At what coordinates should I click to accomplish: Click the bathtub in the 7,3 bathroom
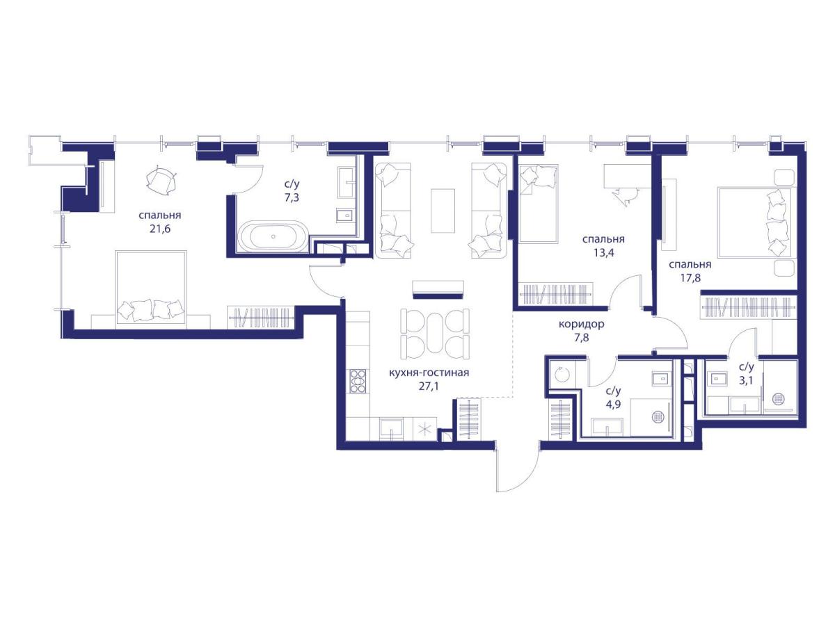pos(273,236)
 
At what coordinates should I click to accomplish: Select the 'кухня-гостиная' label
pos(429,373)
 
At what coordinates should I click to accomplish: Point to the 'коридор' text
pos(581,324)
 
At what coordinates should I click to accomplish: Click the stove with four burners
pos(358,381)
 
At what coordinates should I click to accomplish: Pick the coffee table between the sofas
pos(443,211)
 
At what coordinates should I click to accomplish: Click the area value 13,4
pos(604,253)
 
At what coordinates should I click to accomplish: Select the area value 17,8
pos(690,278)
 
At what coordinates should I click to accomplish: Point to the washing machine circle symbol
pos(561,375)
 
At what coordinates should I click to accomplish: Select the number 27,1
pos(429,387)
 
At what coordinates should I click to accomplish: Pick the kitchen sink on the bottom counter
pos(392,429)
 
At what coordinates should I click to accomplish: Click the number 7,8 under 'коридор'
pos(582,337)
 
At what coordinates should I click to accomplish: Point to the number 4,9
pos(613,404)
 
